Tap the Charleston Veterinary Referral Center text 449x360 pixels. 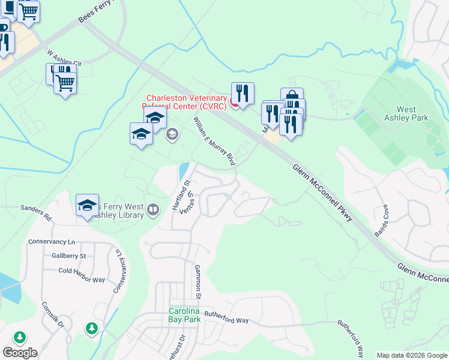(x=187, y=103)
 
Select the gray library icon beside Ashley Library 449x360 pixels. (x=154, y=209)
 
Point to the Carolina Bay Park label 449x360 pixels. (x=184, y=315)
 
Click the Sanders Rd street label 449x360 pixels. (x=36, y=212)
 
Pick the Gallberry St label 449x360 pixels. (x=68, y=256)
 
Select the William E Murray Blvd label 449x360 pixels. (x=213, y=142)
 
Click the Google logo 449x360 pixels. (x=20, y=352)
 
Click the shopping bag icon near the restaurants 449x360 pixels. (x=292, y=97)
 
